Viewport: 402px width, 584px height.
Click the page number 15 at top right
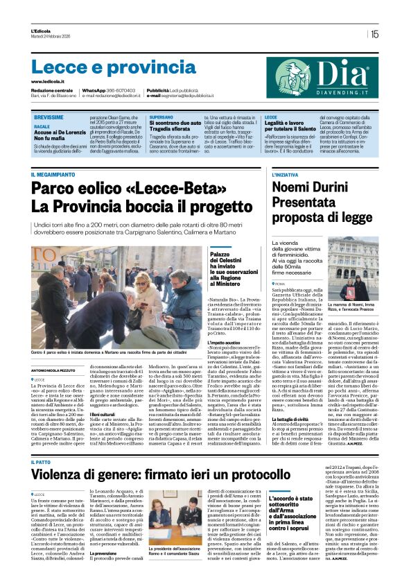374,34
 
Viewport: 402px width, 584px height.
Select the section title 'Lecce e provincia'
103,67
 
